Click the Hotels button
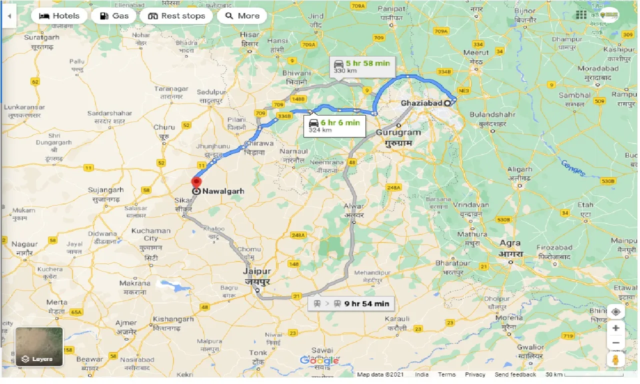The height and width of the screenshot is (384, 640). pos(59,16)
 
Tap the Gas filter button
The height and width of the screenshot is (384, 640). pos(114,16)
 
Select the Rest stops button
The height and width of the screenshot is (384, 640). pos(176,16)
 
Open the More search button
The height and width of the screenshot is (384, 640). pos(242,16)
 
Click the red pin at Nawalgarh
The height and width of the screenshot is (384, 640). pos(196,182)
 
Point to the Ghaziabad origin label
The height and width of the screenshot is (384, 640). pos(421,103)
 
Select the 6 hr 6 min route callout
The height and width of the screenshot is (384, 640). pos(334,125)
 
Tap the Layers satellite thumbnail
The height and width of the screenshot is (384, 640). pos(39,346)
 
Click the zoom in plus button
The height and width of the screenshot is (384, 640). pos(615,328)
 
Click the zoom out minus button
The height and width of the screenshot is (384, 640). pos(615,343)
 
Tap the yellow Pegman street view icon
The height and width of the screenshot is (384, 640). pos(615,360)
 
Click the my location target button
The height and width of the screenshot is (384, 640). pos(615,311)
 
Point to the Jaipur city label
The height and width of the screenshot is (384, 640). pos(256,271)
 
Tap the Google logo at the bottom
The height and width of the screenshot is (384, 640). pos(319,361)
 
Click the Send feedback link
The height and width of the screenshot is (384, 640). pos(515,374)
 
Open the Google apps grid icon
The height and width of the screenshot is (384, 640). pos(580,15)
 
